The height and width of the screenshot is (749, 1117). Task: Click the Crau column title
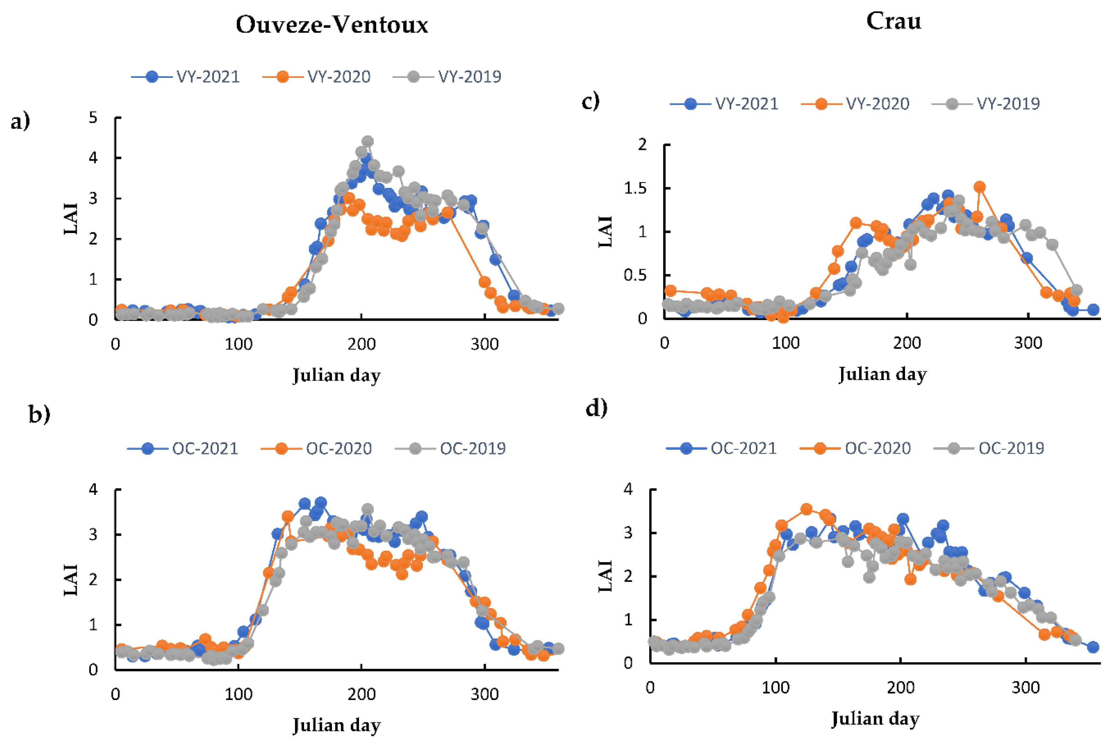pyautogui.click(x=893, y=21)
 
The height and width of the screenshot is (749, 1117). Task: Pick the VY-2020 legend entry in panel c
pyautogui.click(x=855, y=104)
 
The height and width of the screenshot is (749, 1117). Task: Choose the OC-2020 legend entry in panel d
pyautogui.click(x=855, y=448)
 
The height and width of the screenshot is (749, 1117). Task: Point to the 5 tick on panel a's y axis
pyautogui.click(x=93, y=117)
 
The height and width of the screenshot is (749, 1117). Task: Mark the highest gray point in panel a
pyautogui.click(x=367, y=141)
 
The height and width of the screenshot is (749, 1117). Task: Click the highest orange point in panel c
pyautogui.click(x=979, y=187)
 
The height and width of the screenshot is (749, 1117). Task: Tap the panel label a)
pyautogui.click(x=20, y=121)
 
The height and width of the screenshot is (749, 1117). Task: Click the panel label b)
pyautogui.click(x=39, y=414)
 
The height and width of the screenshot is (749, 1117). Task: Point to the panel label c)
pyautogui.click(x=591, y=101)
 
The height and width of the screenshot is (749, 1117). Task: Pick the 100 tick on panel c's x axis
pyautogui.click(x=786, y=343)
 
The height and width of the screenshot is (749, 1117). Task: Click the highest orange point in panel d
pyautogui.click(x=806, y=509)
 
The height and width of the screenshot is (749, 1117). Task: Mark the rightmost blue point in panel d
pyautogui.click(x=1093, y=647)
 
